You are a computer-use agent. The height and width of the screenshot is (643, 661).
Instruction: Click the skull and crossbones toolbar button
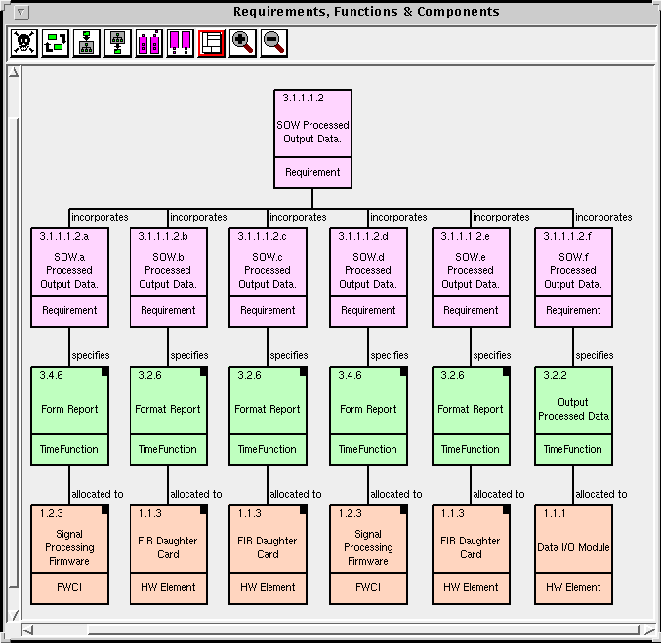[x=24, y=43]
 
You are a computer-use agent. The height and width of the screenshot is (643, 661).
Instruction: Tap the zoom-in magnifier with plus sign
[x=242, y=43]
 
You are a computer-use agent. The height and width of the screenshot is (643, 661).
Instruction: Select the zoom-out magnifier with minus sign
[x=274, y=43]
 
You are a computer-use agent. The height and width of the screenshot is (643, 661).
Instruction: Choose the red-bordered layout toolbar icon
[x=211, y=43]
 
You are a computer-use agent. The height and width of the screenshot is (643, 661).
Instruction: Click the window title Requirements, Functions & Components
[x=366, y=12]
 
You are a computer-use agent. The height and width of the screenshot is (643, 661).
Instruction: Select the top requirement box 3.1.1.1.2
[x=312, y=139]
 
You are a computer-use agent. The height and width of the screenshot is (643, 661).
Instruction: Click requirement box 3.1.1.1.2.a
[x=69, y=277]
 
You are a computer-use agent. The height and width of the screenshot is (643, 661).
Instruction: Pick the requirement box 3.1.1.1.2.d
[x=368, y=277]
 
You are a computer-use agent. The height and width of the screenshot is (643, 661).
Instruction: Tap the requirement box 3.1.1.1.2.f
[x=573, y=277]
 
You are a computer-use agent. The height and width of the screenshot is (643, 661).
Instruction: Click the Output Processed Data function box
[x=573, y=416]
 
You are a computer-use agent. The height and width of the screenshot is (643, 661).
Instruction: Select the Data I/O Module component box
[x=573, y=554]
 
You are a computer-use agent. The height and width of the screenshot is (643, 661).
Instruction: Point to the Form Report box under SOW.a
[x=69, y=416]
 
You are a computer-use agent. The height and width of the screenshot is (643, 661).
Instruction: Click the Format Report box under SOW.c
[x=268, y=416]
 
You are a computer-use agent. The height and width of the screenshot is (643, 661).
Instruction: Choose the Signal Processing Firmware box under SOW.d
[x=368, y=554]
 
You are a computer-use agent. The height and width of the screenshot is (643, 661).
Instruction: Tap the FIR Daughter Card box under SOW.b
[x=169, y=554]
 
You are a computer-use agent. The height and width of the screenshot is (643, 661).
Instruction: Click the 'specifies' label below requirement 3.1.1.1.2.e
[x=491, y=355]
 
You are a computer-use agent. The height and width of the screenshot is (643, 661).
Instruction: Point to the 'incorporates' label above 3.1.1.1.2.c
[x=298, y=217]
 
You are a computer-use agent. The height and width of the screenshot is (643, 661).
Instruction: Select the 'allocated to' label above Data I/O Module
[x=601, y=494]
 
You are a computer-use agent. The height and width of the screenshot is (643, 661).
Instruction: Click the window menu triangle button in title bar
[x=21, y=13]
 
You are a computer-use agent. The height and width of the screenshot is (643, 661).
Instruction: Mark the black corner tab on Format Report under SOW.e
[x=506, y=371]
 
